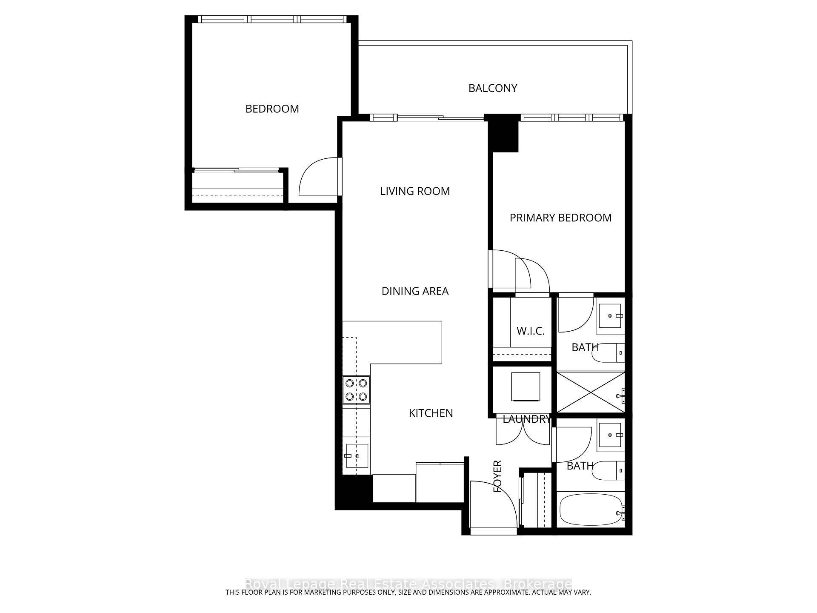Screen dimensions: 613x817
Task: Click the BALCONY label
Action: pyautogui.click(x=492, y=88)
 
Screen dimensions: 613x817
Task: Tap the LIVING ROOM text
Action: pyautogui.click(x=414, y=191)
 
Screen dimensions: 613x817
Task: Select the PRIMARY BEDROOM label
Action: pyautogui.click(x=560, y=218)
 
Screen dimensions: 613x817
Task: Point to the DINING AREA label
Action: pyautogui.click(x=415, y=291)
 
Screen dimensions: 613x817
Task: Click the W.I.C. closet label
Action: pyautogui.click(x=530, y=331)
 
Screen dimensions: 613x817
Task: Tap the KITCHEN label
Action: pyautogui.click(x=431, y=413)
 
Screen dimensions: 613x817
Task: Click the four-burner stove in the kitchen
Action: pyautogui.click(x=356, y=390)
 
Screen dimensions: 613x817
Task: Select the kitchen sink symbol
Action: pyautogui.click(x=357, y=455)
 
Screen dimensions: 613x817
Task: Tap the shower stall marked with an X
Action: pyautogui.click(x=590, y=392)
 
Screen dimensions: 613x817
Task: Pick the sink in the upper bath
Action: pyautogui.click(x=611, y=316)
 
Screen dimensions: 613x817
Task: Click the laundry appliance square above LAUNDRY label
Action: pyautogui.click(x=526, y=387)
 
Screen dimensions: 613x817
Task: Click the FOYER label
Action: pyautogui.click(x=497, y=476)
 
